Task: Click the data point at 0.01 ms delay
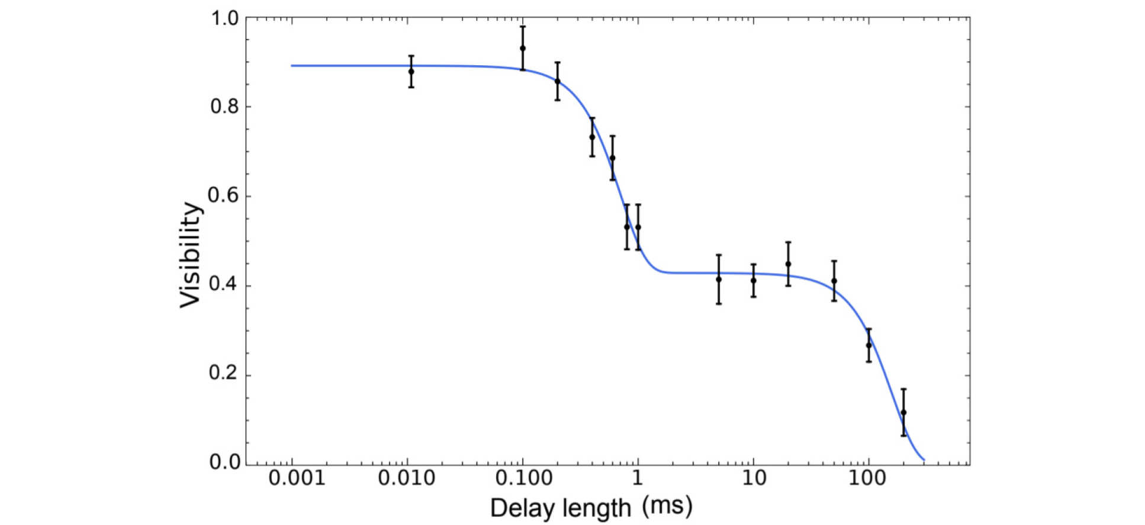point(411,71)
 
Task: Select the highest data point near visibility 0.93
point(523,48)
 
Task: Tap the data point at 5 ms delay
point(719,279)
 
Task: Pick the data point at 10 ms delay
point(753,280)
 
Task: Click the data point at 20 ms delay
point(788,264)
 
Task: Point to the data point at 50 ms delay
point(834,281)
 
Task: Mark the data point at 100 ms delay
point(869,345)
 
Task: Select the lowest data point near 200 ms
point(903,412)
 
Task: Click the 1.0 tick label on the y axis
point(224,18)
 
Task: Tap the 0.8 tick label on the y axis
point(224,107)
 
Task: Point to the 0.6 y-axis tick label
point(224,196)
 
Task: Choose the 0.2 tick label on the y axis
point(224,374)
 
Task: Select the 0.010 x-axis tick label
point(407,478)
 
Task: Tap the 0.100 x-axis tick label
point(522,478)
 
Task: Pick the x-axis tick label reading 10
point(753,478)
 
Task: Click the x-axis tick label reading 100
point(869,478)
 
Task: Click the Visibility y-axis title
point(191,255)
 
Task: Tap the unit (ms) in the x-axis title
point(667,507)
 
